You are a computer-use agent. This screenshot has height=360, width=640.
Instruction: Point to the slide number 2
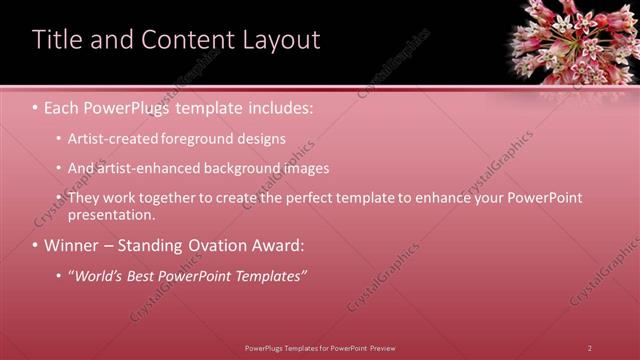589,348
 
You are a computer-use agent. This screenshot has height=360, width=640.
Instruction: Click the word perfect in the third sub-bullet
312,198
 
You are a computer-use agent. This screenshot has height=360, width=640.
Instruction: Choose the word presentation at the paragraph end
111,214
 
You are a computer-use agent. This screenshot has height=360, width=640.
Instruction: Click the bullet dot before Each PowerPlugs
36,105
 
